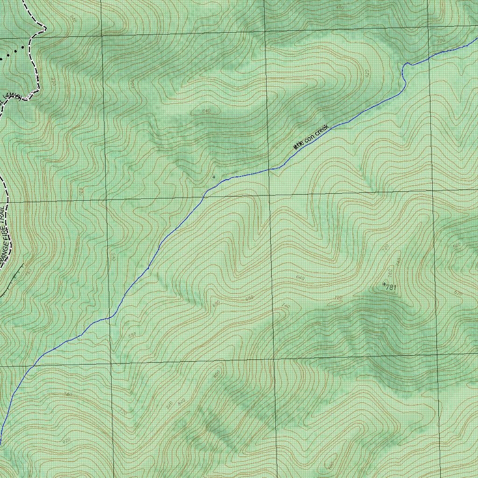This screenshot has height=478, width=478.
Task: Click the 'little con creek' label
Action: click(311, 137)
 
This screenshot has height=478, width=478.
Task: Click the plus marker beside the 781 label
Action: click(384, 284)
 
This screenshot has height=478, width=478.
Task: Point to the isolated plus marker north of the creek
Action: click(214, 177)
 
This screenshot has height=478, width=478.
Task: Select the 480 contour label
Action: click(340, 7)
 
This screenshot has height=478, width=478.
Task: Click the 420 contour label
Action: click(366, 73)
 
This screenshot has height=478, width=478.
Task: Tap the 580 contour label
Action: click(132, 335)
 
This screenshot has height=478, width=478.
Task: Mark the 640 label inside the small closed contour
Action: click(206, 111)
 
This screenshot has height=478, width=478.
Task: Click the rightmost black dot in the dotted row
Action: click(22, 48)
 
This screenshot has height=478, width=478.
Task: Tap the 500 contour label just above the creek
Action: click(440, 41)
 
